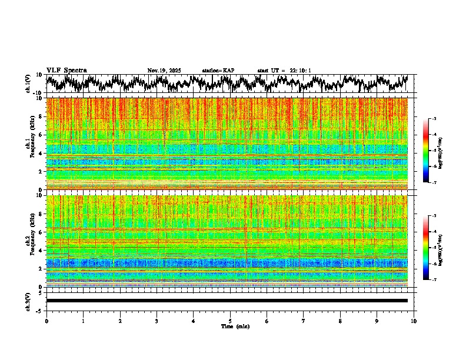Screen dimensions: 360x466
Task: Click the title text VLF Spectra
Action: click(x=66, y=71)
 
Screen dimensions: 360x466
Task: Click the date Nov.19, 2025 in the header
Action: click(x=164, y=71)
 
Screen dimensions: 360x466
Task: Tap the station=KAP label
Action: click(x=218, y=71)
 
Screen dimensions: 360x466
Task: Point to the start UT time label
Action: click(x=284, y=71)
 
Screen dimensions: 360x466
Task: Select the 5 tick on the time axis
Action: click(x=230, y=321)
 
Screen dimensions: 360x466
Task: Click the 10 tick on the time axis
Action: click(x=414, y=321)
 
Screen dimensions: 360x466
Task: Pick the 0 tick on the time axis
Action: click(x=46, y=321)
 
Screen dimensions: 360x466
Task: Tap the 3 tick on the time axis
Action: click(x=157, y=321)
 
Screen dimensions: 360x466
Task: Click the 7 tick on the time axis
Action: click(x=304, y=321)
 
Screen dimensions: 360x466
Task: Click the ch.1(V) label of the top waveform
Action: click(x=28, y=84)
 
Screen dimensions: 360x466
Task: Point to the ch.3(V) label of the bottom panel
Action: click(x=28, y=301)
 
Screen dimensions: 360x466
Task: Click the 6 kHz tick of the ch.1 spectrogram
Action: click(x=42, y=135)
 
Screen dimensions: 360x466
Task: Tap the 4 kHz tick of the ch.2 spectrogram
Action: click(x=42, y=251)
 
